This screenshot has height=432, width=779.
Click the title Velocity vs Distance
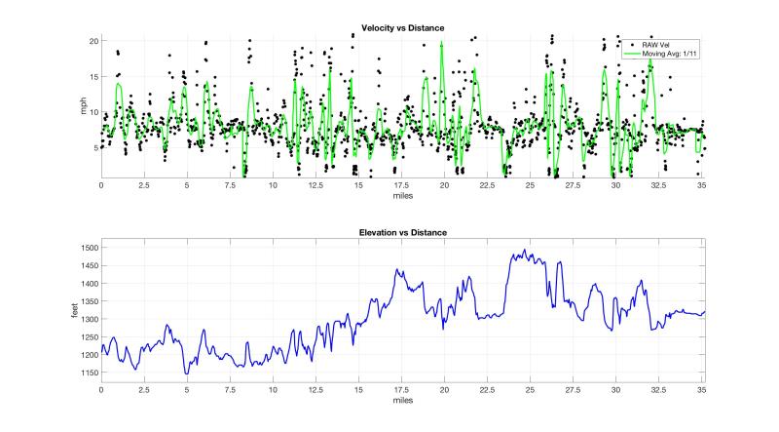(x=401, y=26)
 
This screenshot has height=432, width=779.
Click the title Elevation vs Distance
(x=401, y=234)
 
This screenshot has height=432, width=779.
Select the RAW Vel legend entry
(x=657, y=45)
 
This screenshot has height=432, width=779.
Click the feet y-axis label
(x=76, y=313)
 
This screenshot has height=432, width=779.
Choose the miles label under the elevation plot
(x=401, y=401)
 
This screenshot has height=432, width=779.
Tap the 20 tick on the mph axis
(x=93, y=41)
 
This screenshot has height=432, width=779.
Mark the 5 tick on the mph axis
(x=95, y=147)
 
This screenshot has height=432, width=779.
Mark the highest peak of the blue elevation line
(x=526, y=250)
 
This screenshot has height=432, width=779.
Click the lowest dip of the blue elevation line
(x=186, y=373)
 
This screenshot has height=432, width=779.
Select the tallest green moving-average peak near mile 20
(x=442, y=43)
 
